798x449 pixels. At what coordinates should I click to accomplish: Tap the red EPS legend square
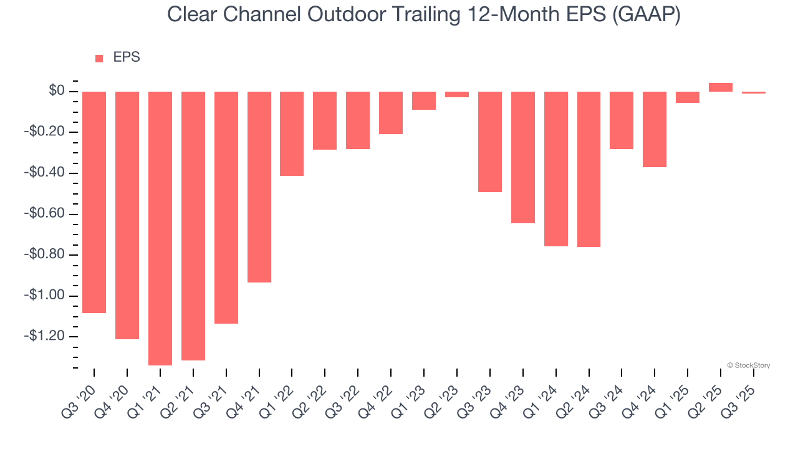(x=99, y=59)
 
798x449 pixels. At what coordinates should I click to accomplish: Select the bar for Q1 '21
(x=160, y=228)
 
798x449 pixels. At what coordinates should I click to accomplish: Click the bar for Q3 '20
(x=94, y=202)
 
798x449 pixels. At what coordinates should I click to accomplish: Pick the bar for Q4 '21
(x=259, y=187)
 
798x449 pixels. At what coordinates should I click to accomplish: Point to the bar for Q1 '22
(x=292, y=133)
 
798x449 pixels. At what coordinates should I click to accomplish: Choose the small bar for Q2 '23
(x=457, y=95)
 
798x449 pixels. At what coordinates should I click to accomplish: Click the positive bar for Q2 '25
(x=721, y=87)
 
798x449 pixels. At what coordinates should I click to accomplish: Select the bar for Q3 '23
(x=490, y=142)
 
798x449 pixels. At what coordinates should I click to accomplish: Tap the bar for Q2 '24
(x=589, y=169)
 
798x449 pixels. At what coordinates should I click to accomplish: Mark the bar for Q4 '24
(x=655, y=129)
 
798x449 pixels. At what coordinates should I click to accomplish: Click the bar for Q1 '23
(x=424, y=100)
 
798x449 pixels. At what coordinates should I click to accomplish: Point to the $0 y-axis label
(x=57, y=92)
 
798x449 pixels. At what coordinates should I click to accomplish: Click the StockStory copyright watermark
(x=748, y=365)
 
